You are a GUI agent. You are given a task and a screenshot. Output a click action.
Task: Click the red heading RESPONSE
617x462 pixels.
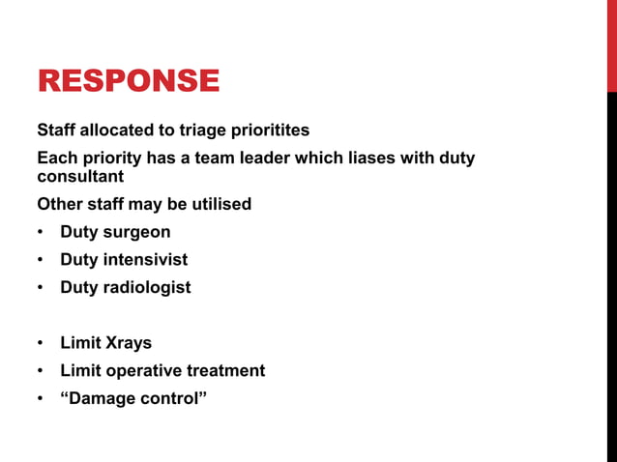pos(128,80)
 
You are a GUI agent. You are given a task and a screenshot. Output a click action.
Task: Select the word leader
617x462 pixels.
pos(265,158)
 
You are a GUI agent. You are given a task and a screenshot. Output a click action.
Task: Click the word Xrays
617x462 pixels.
pos(128,343)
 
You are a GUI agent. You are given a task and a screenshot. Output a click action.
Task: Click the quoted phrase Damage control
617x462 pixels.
pos(133,398)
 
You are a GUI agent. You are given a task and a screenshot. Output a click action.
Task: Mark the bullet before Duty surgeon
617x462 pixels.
pos(41,233)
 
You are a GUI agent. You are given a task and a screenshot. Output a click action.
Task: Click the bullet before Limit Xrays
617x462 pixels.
pos(41,344)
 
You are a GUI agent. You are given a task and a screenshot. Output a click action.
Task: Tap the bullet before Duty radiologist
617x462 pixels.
pos(41,288)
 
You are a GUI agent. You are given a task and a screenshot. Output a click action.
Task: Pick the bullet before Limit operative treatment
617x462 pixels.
pos(41,371)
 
